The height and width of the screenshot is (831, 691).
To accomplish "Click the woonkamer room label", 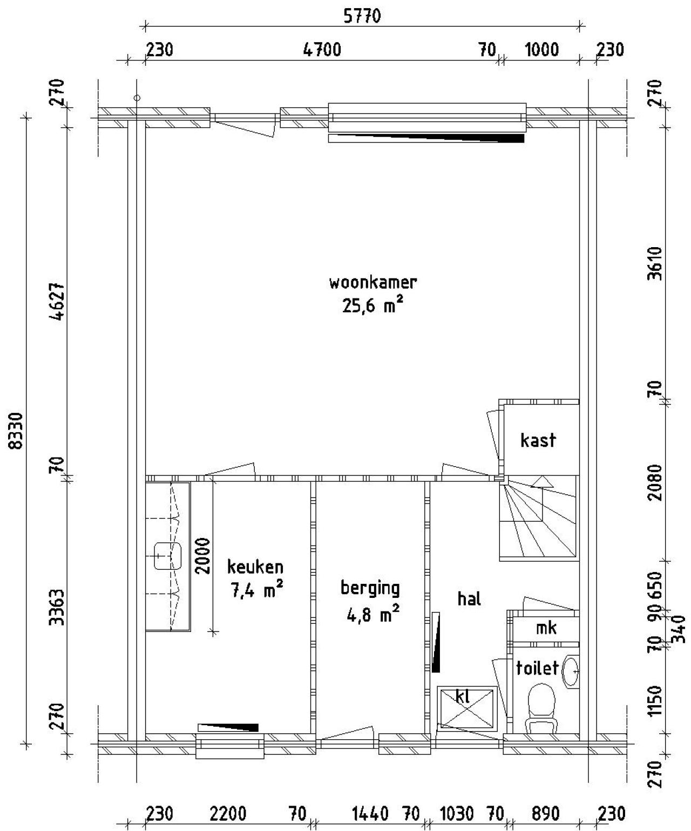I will (x=372, y=282).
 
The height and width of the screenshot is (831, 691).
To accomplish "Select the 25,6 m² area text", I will (x=372, y=306).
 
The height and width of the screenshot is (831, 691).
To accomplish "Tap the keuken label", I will (x=255, y=567).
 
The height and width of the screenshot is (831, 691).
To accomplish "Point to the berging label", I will (x=370, y=588).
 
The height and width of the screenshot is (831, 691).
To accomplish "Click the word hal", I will (x=469, y=599).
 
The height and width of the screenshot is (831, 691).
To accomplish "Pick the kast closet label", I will (x=538, y=440).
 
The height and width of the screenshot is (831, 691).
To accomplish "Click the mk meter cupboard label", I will (x=546, y=628).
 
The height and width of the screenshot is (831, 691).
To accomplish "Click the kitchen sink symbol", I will (x=167, y=556).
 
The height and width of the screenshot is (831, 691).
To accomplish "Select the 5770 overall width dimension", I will (x=362, y=16).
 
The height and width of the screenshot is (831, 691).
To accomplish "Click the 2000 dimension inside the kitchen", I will (x=202, y=556).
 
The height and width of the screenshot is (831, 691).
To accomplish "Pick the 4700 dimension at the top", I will (x=322, y=50).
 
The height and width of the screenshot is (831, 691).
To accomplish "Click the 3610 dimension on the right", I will (x=655, y=263).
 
